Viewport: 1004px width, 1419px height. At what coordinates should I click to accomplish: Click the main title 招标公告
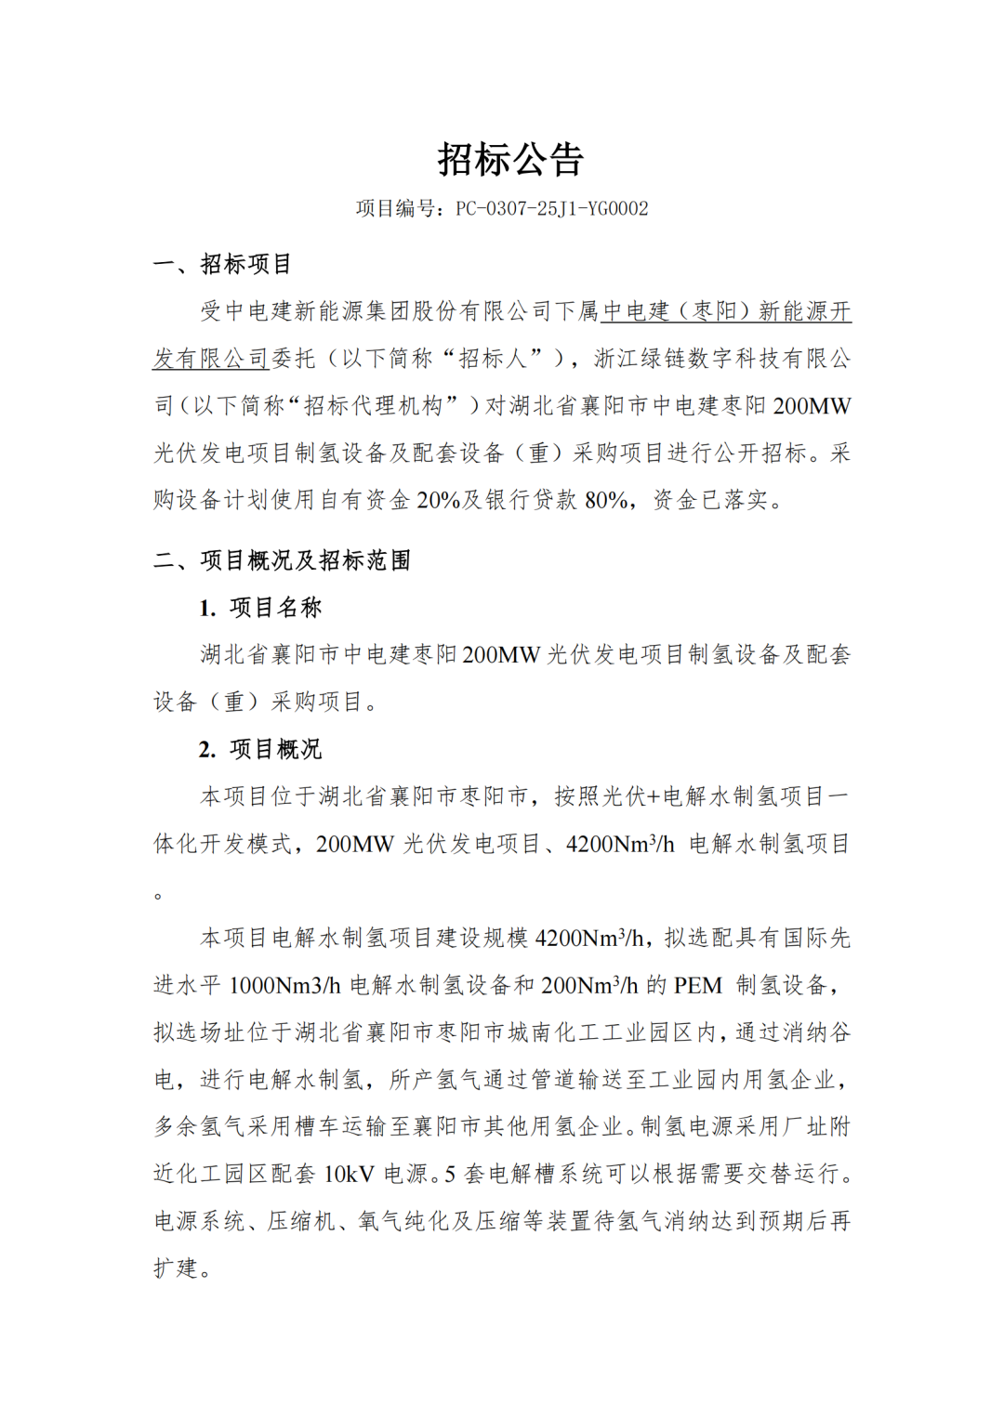coord(510,160)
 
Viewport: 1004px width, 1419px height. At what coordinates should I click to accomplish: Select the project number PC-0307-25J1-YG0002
coord(551,209)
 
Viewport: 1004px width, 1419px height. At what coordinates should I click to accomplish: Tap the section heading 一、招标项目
coord(222,264)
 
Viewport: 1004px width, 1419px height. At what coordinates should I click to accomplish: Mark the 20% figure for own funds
coord(439,501)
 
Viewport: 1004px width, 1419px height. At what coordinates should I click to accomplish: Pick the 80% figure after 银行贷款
coord(606,501)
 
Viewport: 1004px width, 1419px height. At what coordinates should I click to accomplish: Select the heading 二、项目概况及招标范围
coord(282,560)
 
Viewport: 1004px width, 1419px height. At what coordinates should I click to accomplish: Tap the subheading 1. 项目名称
coord(260,608)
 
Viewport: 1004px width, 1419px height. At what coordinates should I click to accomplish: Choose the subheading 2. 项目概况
coord(260,749)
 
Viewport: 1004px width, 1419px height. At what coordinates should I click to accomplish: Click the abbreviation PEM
coord(698,986)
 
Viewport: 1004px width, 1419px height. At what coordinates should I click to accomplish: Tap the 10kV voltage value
coord(350,1175)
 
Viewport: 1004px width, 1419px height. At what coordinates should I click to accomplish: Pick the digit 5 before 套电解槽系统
coord(450,1175)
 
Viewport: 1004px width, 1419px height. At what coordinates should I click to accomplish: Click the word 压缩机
coord(301,1222)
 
